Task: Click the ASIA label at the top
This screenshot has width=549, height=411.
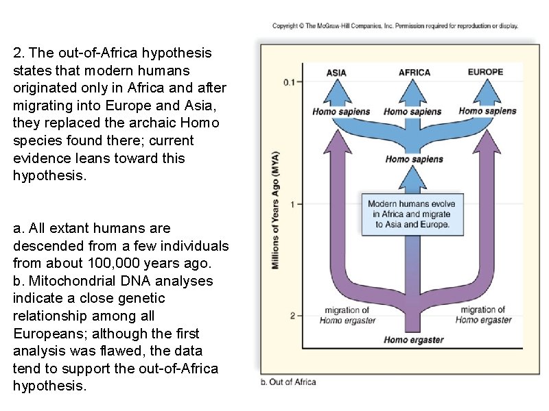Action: tap(336, 72)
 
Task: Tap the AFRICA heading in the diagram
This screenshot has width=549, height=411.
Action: tap(414, 72)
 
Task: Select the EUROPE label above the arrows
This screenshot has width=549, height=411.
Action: tap(486, 71)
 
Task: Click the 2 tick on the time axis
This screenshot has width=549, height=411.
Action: tap(293, 316)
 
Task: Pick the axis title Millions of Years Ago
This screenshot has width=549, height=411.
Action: tap(276, 210)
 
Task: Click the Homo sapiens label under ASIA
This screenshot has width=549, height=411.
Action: tap(341, 112)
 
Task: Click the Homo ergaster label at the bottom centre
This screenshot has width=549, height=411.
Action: tap(414, 340)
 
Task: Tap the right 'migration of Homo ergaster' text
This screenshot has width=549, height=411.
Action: tap(483, 315)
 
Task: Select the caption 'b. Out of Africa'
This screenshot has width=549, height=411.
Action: tap(288, 382)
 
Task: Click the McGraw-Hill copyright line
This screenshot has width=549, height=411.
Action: tap(395, 26)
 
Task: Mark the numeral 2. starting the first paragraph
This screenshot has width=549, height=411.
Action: tap(18, 53)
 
